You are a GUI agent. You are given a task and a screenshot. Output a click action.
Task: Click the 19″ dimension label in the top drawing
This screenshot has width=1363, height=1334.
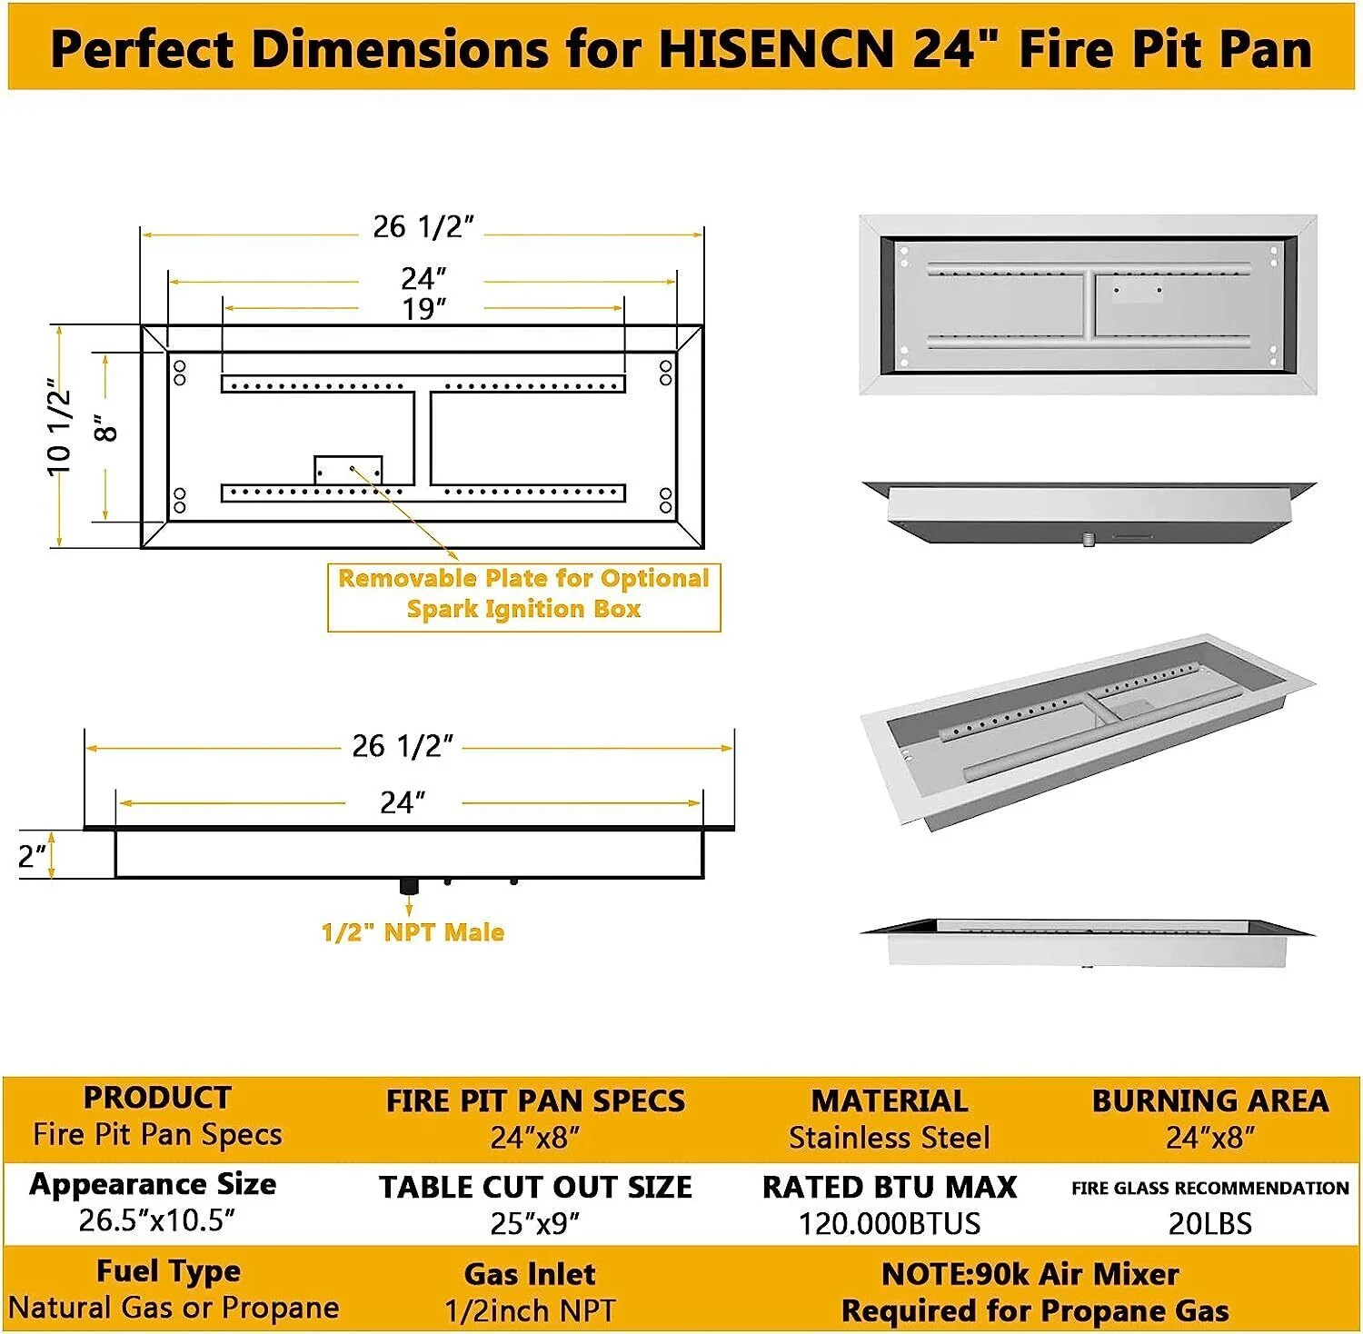pyautogui.click(x=424, y=309)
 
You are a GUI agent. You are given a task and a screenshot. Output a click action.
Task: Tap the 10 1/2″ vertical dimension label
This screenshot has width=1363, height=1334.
pyautogui.click(x=58, y=426)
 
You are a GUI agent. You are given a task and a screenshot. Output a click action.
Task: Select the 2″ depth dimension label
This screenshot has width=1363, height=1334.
pyautogui.click(x=32, y=855)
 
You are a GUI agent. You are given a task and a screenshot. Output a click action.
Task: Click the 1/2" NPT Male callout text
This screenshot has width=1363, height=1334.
pyautogui.click(x=413, y=932)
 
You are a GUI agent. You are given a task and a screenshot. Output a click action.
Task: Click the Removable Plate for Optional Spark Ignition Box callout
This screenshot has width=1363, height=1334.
pyautogui.click(x=523, y=593)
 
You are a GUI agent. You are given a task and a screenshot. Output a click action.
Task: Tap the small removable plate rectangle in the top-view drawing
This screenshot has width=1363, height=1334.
pyautogui.click(x=348, y=469)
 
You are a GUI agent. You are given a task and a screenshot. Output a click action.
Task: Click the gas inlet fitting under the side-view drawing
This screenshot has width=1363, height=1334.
pyautogui.click(x=409, y=885)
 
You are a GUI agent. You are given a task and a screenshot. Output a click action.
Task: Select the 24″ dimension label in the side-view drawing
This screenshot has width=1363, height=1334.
pyautogui.click(x=403, y=802)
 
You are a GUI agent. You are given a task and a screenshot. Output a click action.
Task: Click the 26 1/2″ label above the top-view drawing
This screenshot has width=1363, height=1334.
pyautogui.click(x=423, y=227)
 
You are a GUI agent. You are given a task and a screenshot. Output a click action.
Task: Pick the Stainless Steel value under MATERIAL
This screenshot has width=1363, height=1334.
pyautogui.click(x=889, y=1138)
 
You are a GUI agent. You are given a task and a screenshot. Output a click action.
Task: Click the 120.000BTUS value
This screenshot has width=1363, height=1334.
pyautogui.click(x=889, y=1223)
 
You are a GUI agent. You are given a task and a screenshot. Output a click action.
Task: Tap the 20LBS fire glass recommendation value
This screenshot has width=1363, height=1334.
pyautogui.click(x=1209, y=1223)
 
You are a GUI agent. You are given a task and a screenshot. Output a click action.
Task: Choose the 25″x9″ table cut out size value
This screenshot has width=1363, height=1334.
pyautogui.click(x=534, y=1223)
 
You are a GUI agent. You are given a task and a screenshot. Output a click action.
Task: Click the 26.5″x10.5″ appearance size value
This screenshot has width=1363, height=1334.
pyautogui.click(x=156, y=1220)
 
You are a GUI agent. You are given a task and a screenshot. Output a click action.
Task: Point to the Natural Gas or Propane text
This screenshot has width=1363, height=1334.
pyautogui.click(x=174, y=1308)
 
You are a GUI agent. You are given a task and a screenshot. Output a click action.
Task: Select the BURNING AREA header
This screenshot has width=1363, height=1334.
pyautogui.click(x=1209, y=1100)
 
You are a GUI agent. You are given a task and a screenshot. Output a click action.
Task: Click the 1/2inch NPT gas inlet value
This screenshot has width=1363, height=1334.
pyautogui.click(x=530, y=1310)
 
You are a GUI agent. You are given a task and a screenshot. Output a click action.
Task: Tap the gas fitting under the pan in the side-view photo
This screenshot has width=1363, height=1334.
pyautogui.click(x=1089, y=541)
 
